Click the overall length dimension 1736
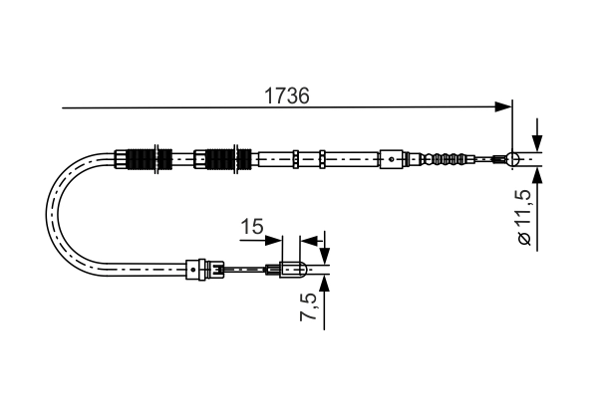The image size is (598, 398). coord(286,96)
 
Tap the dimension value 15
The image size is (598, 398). coord(252,228)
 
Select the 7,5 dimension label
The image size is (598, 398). coord(311,309)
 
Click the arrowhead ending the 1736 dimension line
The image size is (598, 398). coord(503,105)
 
